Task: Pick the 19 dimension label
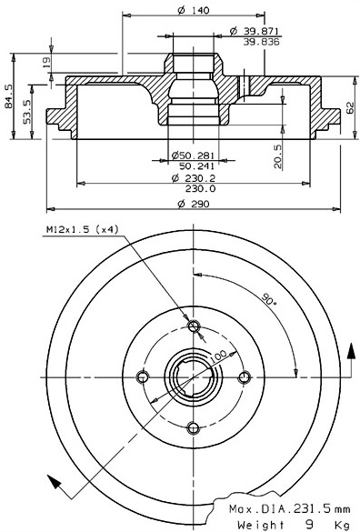pyautogui.click(x=47, y=62)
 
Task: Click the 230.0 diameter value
pyautogui.click(x=195, y=188)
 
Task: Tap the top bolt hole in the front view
pyautogui.click(x=191, y=326)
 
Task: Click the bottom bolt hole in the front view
pyautogui.click(x=191, y=428)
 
